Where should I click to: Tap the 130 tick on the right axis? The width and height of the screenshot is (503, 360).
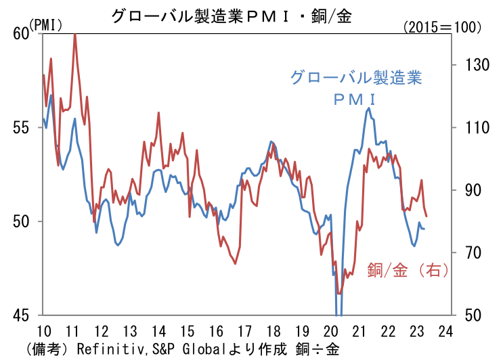coord(466,64)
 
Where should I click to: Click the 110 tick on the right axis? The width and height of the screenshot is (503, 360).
coord(466,127)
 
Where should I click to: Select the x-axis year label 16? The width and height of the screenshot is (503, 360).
coord(215,332)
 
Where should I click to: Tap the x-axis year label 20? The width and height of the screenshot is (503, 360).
coord(330,332)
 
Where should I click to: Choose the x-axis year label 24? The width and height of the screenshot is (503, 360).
coord(445,332)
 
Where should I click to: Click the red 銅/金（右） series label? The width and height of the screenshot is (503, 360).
coord(408,270)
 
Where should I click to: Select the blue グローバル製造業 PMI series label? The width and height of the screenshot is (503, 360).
coord(355,87)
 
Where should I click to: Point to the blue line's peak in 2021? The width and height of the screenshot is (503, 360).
coord(369,108)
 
